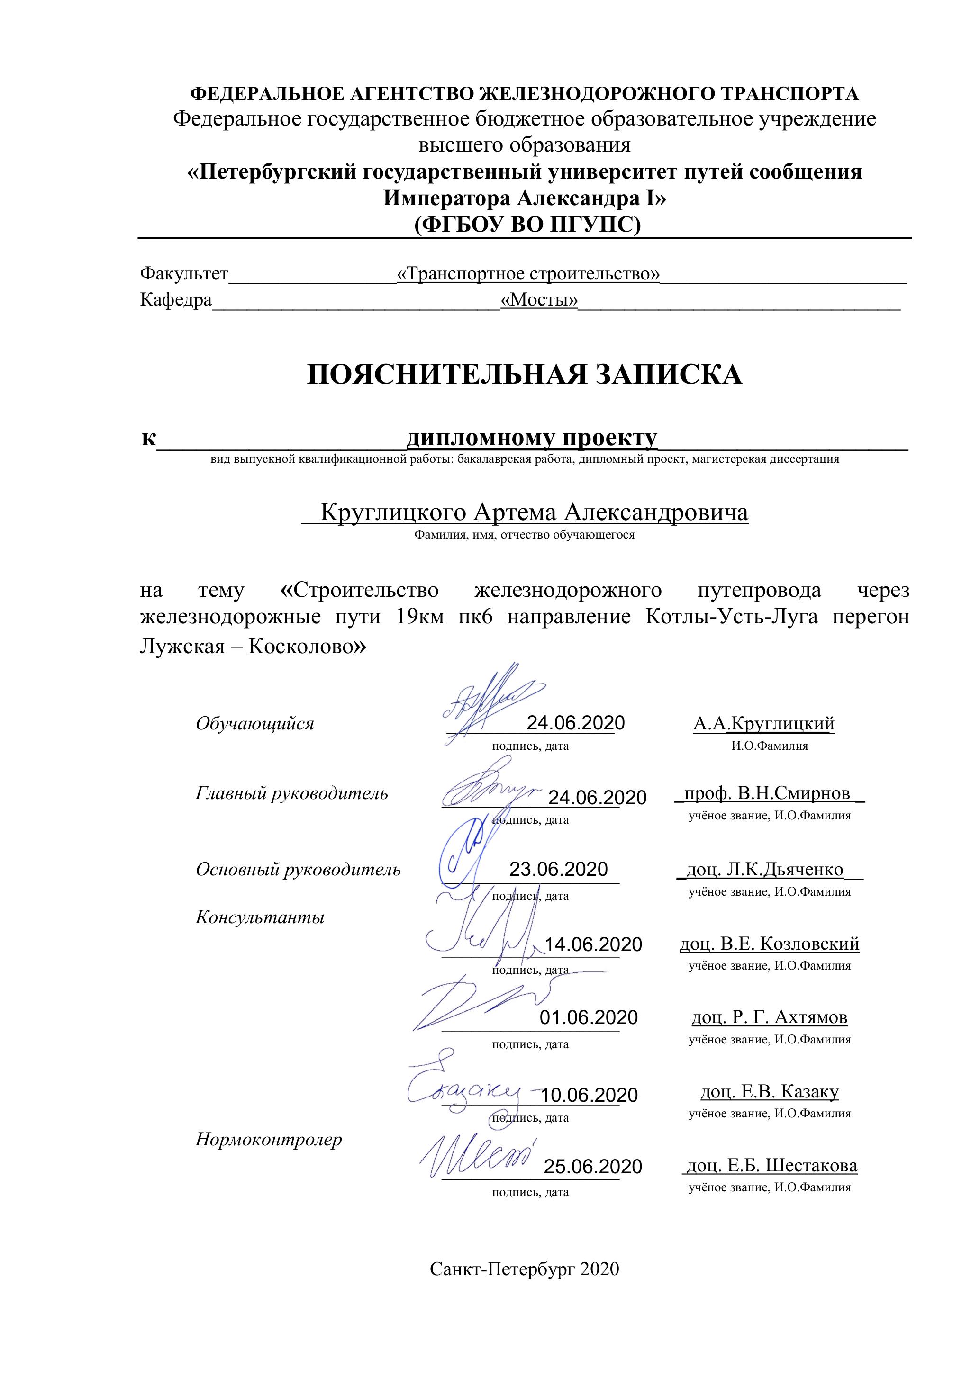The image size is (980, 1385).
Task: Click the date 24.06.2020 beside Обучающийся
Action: pyautogui.click(x=575, y=723)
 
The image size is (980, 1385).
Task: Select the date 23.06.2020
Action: pyautogui.click(x=558, y=869)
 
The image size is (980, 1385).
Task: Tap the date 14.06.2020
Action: pyautogui.click(x=593, y=944)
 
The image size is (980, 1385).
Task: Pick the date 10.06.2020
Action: pyautogui.click(x=589, y=1095)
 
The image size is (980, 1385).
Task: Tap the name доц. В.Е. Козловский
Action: pyautogui.click(x=770, y=944)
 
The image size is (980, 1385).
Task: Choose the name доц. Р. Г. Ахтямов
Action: pyautogui.click(x=770, y=1017)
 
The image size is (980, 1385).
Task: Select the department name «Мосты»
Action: pyautogui.click(x=539, y=300)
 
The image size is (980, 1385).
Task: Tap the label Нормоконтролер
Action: pyautogui.click(x=269, y=1140)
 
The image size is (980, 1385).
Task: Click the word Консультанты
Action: pyautogui.click(x=260, y=917)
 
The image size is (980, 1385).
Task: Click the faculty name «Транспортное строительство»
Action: pyautogui.click(x=528, y=274)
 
